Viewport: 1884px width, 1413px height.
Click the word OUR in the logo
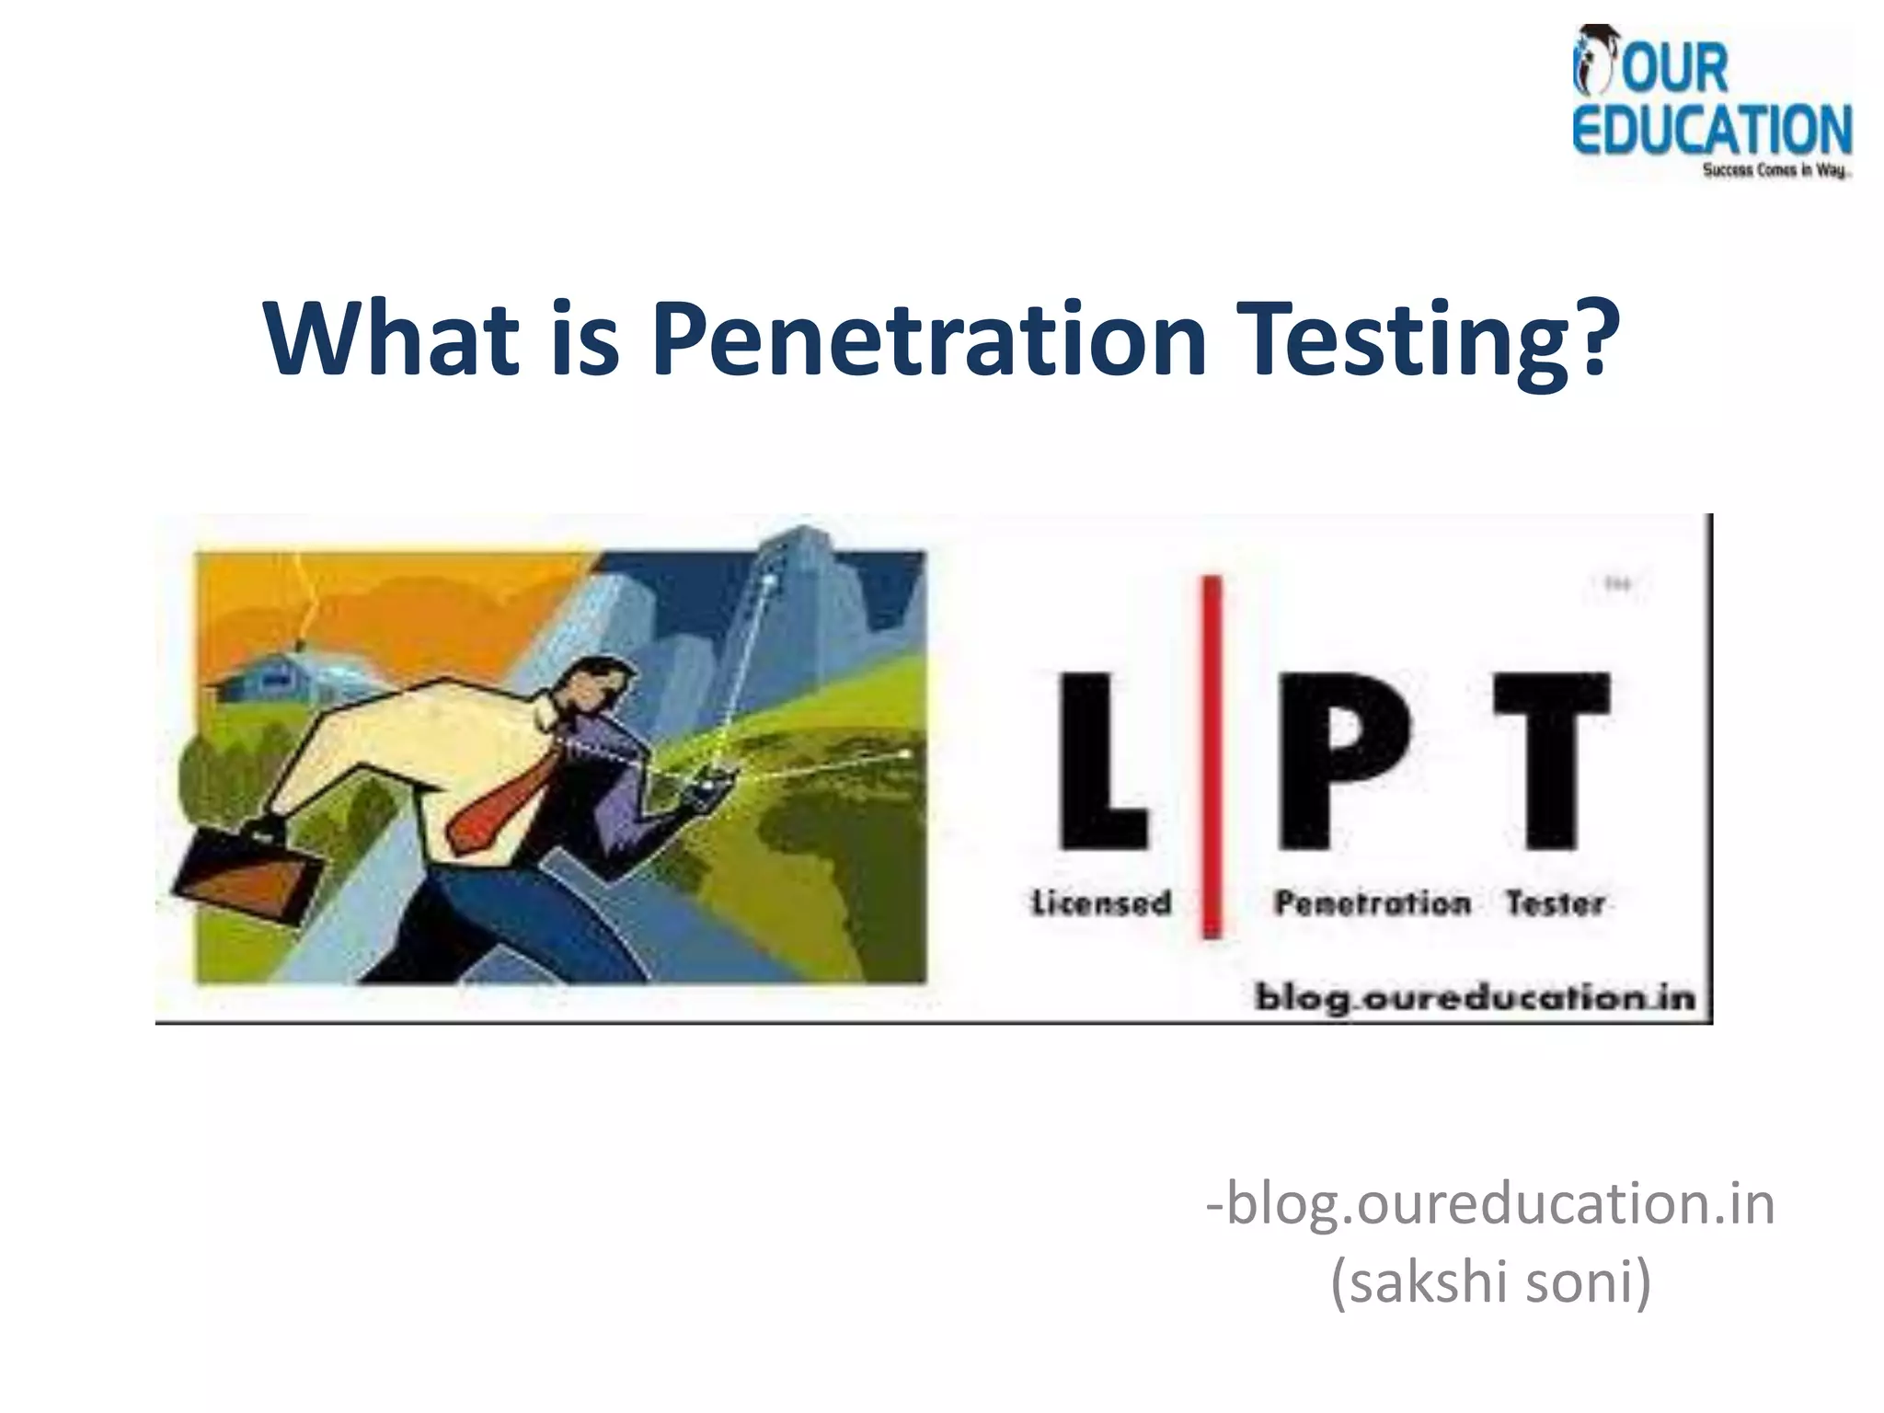pos(1674,68)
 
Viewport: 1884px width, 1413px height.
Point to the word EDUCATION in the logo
pos(1711,130)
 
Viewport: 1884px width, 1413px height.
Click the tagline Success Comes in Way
pos(1775,170)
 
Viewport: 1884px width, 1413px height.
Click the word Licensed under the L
pos(1101,903)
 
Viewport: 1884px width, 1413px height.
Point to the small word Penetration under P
pos(1372,903)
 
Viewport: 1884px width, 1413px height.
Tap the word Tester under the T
pos(1555,903)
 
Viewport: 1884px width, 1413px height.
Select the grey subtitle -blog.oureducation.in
pos(1490,1203)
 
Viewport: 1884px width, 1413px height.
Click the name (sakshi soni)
pos(1490,1281)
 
